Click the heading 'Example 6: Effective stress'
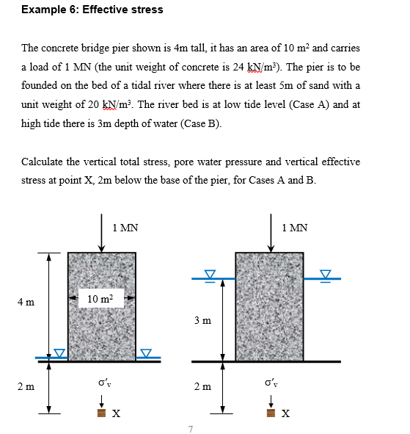coord(82,10)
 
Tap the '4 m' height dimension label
coord(26,302)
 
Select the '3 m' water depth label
coord(202,319)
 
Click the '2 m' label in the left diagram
coord(26,385)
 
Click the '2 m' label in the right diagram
coord(203,385)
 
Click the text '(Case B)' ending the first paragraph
coord(199,123)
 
